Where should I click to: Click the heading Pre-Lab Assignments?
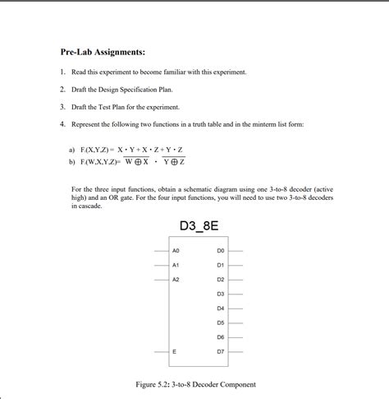pyautogui.click(x=102, y=53)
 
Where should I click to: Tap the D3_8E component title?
pyautogui.click(x=199, y=226)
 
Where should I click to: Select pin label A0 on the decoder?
pyautogui.click(x=176, y=249)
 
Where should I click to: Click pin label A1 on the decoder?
pyautogui.click(x=176, y=265)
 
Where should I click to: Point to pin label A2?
pyautogui.click(x=176, y=280)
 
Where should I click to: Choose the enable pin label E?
pyautogui.click(x=174, y=351)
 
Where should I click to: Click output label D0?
pyautogui.click(x=220, y=249)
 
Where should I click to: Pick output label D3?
pyautogui.click(x=220, y=294)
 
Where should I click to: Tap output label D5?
pyautogui.click(x=220, y=322)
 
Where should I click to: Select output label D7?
pyautogui.click(x=220, y=351)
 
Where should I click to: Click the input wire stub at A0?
pyautogui.click(x=161, y=250)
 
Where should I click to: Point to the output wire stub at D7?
pyautogui.click(x=236, y=351)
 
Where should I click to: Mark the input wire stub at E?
pyautogui.click(x=161, y=351)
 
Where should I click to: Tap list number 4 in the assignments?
pyautogui.click(x=62, y=124)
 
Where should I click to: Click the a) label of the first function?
pyautogui.click(x=72, y=151)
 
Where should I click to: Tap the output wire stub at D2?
pyautogui.click(x=236, y=280)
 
